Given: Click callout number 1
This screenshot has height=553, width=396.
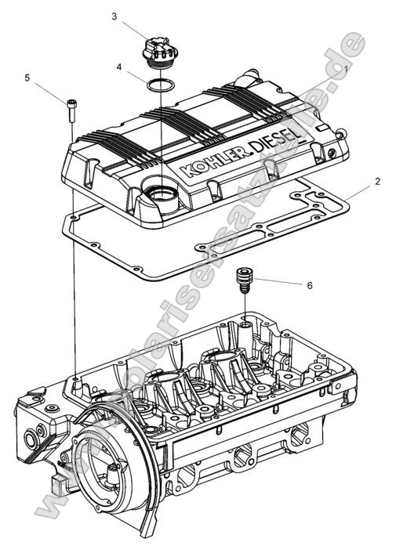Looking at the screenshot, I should (x=344, y=70).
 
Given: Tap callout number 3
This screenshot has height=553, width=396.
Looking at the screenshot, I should (x=114, y=15).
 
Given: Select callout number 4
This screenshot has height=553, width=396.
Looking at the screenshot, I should (x=119, y=67).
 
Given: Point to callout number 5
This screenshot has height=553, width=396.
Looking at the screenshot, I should (x=27, y=78).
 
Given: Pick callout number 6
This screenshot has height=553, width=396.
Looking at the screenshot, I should (x=309, y=286).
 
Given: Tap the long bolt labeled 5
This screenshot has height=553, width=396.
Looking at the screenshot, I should (x=71, y=109).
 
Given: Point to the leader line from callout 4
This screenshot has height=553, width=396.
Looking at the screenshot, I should (x=136, y=74).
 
